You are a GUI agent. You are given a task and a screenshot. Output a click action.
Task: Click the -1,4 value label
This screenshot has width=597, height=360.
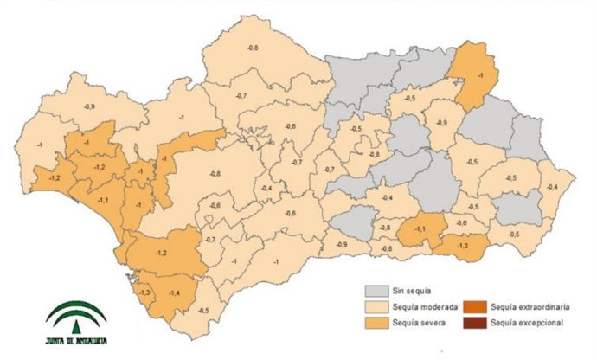coord(176,293)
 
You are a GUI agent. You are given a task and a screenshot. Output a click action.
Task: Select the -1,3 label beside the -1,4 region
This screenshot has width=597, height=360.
coord(144,292)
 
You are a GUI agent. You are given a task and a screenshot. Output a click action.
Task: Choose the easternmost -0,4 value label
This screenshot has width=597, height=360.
coord(552,188)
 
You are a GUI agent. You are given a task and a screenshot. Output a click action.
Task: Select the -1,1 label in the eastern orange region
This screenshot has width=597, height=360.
coord(420,228)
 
